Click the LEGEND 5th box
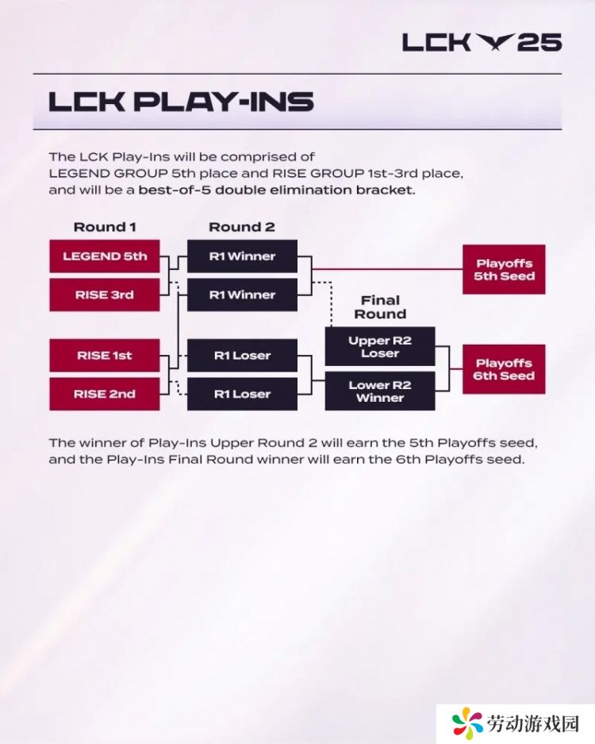pos(104,256)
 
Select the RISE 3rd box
pos(104,295)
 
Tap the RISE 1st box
pos(104,356)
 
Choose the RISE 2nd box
pos(104,394)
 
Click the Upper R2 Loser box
pos(380,346)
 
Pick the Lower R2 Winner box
pos(380,391)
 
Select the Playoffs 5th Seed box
pos(504,269)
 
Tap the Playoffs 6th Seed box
pos(504,369)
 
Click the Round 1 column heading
pos(105,227)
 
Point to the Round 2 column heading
pos(242,227)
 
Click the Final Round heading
pos(380,307)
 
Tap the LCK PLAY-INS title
pos(181,102)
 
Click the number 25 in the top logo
pos(539,43)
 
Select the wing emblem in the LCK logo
pos(493,42)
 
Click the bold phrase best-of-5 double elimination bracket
pos(277,191)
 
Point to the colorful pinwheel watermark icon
pos(467,724)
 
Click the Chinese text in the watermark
pos(533,724)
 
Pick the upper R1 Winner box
pos(242,256)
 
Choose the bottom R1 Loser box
pos(242,394)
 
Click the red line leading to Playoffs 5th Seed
pos(387,269)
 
